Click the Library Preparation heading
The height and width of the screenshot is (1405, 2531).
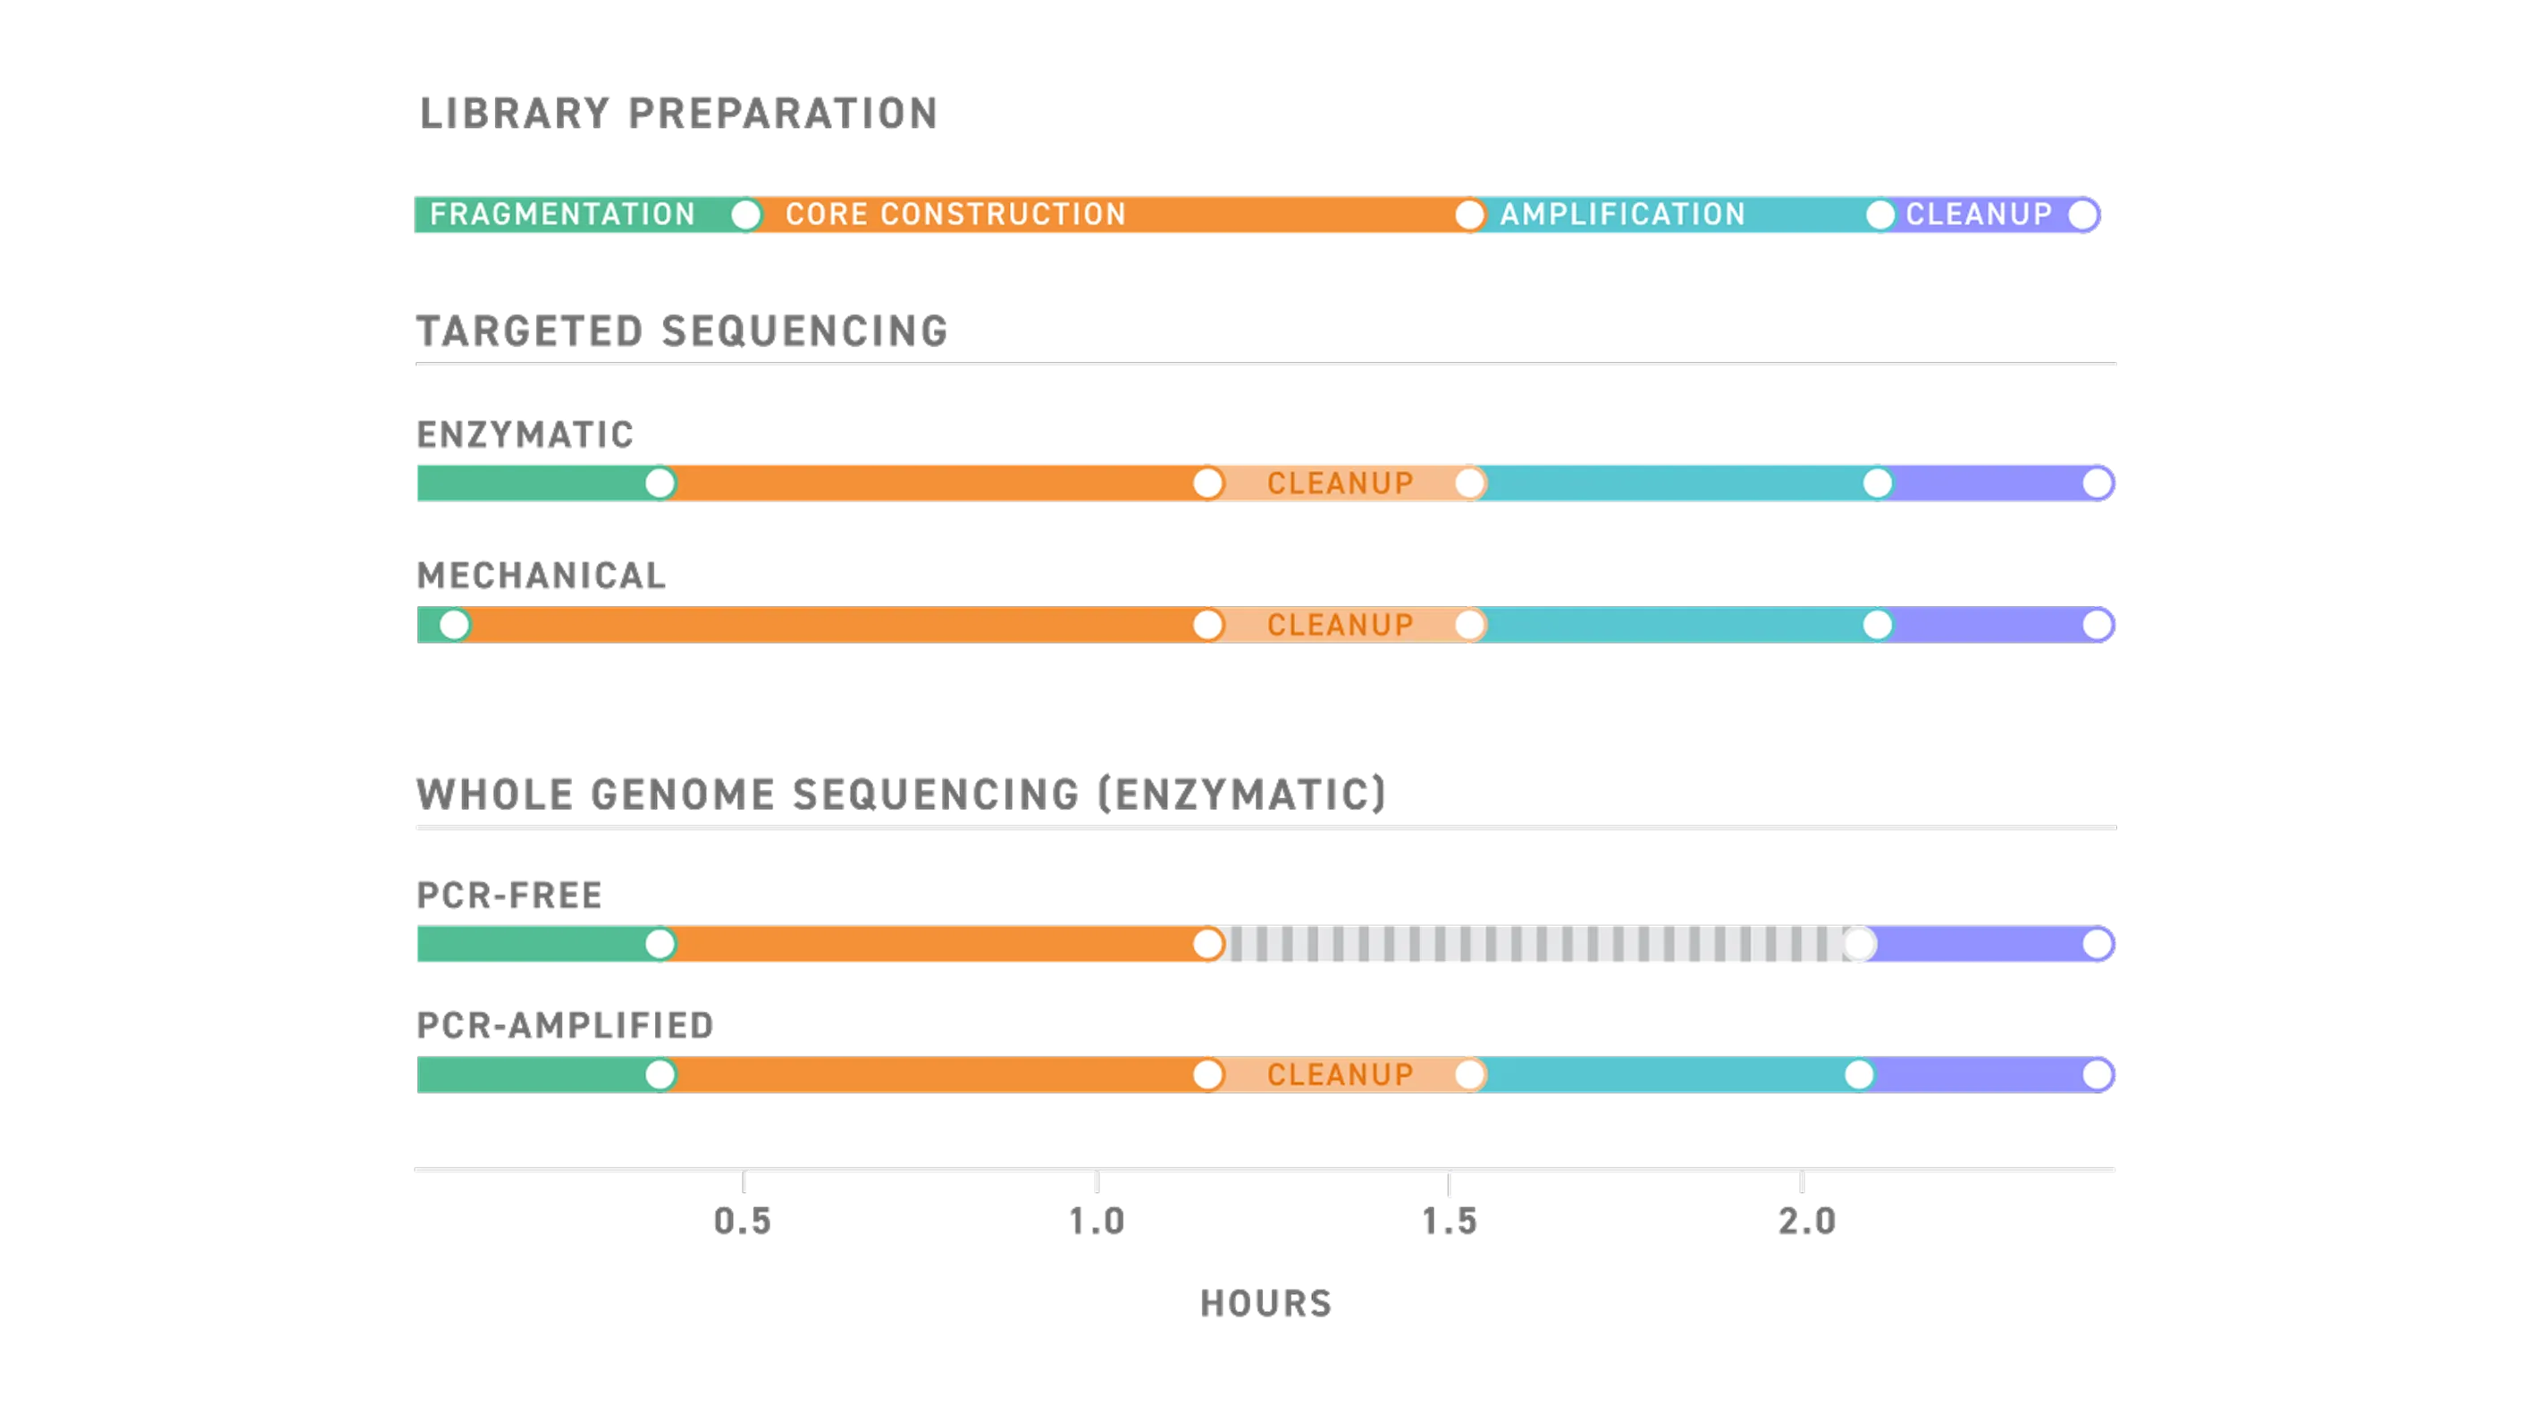coord(675,112)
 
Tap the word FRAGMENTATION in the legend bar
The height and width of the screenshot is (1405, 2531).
coord(562,215)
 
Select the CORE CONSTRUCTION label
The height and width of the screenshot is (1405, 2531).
coord(955,215)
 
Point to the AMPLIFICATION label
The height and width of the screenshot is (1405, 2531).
coord(1622,215)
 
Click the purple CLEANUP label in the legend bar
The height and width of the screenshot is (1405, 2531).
coord(1979,215)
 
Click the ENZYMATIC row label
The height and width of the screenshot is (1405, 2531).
coord(525,433)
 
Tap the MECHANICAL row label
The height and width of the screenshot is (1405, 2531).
coord(540,575)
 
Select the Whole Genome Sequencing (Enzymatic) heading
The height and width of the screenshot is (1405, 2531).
coord(901,793)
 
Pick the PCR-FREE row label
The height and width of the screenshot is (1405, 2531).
coord(510,895)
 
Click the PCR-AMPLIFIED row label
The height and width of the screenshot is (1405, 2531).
coord(564,1025)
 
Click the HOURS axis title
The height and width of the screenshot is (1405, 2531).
coord(1265,1303)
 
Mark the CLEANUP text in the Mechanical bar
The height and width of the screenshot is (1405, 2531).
coord(1341,625)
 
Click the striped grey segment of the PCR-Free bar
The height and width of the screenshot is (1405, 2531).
coord(1533,944)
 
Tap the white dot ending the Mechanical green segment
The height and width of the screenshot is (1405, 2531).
coord(454,625)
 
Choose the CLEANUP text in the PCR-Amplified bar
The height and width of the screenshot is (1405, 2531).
coord(1341,1075)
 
